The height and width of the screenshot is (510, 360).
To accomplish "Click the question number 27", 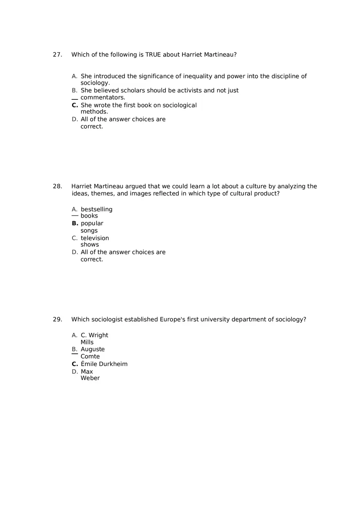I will tap(57, 55).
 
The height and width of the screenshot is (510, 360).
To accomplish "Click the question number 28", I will tap(57, 186).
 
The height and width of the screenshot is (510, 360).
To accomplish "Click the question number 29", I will tap(57, 319).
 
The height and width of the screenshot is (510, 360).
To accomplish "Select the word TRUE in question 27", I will tap(153, 55).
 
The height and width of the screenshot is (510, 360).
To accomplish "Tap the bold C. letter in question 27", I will tap(75, 105).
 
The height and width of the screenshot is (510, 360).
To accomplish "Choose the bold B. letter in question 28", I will tap(75, 223).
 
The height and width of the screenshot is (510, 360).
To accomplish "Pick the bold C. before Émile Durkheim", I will tap(75, 364).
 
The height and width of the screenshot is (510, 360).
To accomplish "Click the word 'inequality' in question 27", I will tap(198, 76).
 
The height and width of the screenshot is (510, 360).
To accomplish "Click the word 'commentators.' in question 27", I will tap(103, 98).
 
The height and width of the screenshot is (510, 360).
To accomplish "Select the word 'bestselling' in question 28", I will tap(97, 209).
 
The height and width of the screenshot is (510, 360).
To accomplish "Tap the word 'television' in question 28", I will tap(95, 238).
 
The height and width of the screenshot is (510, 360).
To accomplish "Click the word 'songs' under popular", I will tap(89, 231).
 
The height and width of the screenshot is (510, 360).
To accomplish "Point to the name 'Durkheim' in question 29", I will tap(113, 364).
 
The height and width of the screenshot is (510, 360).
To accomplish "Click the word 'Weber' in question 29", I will tap(90, 378).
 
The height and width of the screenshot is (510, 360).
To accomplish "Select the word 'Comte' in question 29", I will tap(90, 357).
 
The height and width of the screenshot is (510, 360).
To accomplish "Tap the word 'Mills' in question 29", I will tap(87, 342).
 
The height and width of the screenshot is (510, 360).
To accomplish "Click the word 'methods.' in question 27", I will tap(94, 112).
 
